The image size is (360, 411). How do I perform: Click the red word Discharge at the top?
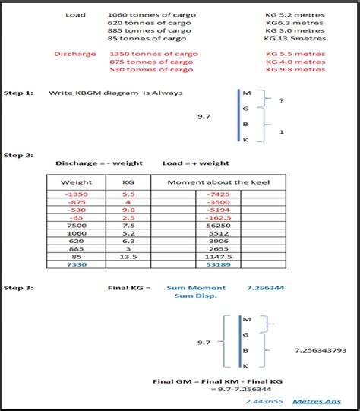point(74,54)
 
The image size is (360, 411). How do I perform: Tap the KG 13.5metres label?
point(295,38)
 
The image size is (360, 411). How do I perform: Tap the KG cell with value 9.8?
point(128,209)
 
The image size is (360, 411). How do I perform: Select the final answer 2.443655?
point(264,400)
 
